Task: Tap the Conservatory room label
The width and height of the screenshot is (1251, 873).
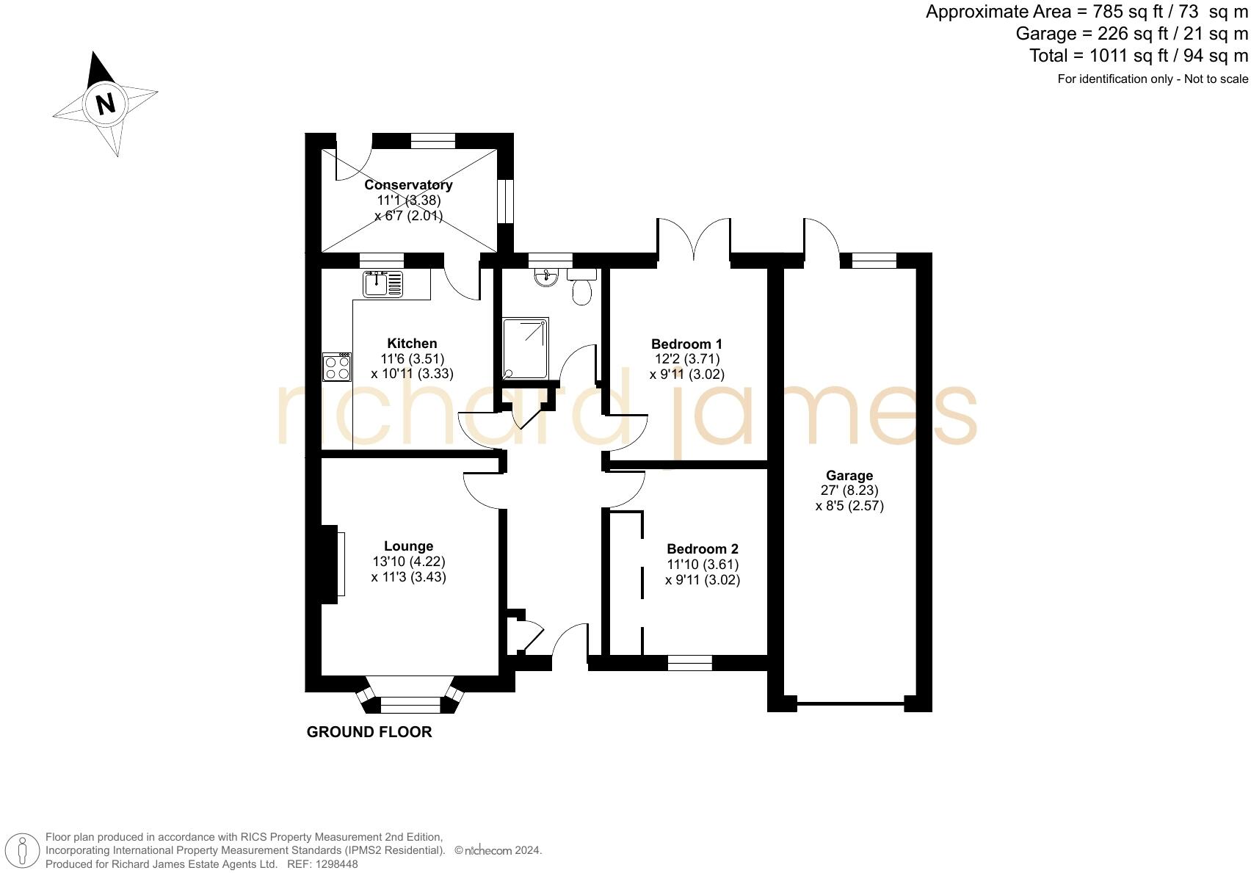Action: tap(408, 185)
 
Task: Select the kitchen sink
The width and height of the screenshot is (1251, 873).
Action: tap(382, 283)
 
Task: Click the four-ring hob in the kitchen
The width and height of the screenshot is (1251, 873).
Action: tap(337, 367)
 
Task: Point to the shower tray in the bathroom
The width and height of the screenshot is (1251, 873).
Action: tap(525, 348)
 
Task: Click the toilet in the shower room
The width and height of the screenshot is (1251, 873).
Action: tap(582, 288)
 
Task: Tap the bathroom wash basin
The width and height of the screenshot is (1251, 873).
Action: tap(546, 277)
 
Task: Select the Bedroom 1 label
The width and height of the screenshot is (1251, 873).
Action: tap(686, 344)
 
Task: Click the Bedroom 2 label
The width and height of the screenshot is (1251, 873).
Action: tap(702, 548)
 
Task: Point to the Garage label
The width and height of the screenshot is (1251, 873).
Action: tap(849, 475)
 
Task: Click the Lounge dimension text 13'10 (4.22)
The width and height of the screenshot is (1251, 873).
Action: tap(409, 562)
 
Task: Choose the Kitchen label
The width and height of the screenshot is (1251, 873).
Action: tap(412, 343)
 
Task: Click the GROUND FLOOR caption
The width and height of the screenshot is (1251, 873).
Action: tap(369, 732)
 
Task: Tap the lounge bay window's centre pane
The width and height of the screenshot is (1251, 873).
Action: tap(410, 706)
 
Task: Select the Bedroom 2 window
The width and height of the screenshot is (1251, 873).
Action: tap(689, 663)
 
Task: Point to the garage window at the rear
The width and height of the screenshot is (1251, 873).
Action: tap(874, 261)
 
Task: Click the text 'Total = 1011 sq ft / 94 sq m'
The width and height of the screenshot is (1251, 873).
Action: tap(1138, 56)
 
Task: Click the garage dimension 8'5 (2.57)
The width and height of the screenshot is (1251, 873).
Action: tap(849, 506)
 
